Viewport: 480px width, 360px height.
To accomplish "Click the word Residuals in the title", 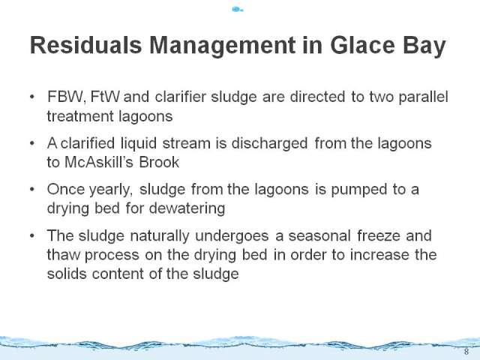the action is pyautogui.click(x=85, y=45).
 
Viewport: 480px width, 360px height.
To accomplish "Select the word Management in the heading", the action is pyautogui.click(x=223, y=46).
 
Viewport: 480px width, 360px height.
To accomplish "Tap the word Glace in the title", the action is pyautogui.click(x=362, y=45).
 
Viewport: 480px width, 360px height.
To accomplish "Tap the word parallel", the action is pyautogui.click(x=423, y=97).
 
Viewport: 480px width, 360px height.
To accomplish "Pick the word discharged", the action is pyautogui.click(x=269, y=143).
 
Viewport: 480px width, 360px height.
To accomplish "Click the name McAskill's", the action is pyautogui.click(x=99, y=162).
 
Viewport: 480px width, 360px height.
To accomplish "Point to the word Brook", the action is pyautogui.click(x=159, y=162).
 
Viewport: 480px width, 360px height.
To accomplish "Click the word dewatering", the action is pyautogui.click(x=187, y=208).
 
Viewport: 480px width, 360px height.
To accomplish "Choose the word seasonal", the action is pyautogui.click(x=319, y=235).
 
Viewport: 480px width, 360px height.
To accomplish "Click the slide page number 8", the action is pyautogui.click(x=466, y=352).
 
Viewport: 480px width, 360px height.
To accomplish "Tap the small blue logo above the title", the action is pyautogui.click(x=238, y=10).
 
